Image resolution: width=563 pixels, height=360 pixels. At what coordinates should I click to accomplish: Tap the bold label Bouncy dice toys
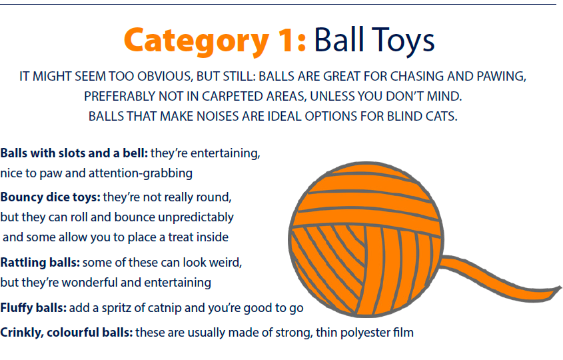tap(50, 197)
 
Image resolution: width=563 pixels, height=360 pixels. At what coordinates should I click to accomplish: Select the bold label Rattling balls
tap(40, 263)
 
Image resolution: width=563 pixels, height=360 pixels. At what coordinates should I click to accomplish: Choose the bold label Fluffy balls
tap(33, 308)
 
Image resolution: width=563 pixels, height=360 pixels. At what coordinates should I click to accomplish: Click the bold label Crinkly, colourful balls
tap(67, 333)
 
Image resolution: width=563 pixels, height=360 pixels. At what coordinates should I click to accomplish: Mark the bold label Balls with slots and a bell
tap(74, 153)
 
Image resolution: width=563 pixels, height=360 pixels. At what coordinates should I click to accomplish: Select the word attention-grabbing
tap(141, 173)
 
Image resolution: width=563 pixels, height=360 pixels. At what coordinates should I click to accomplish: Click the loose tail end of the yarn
tap(557, 290)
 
